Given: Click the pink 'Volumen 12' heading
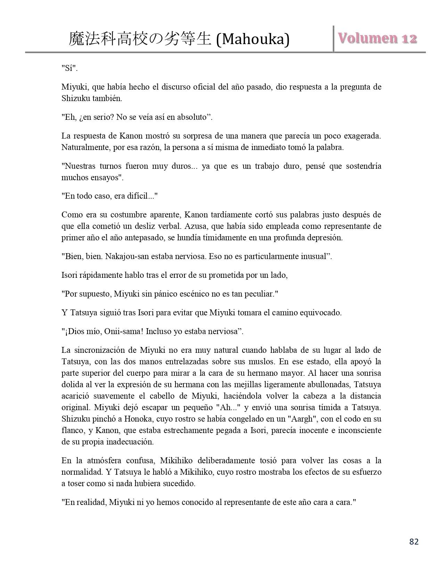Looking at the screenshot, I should pos(378,38).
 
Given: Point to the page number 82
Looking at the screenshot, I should pos(414,542).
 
